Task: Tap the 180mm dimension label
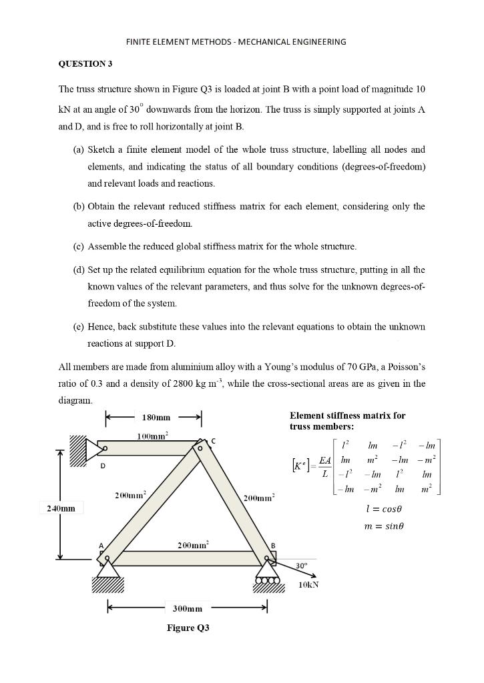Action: pos(156,418)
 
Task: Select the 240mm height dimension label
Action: pos(61,509)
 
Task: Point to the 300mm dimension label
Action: pos(187,609)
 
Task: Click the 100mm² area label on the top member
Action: pos(152,435)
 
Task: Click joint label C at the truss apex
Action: pos(214,441)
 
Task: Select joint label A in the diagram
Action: pos(101,546)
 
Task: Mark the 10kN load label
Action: pos(308,585)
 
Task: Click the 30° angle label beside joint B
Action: pos(302,565)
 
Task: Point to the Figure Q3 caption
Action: pos(188,628)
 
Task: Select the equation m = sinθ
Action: pos(381,526)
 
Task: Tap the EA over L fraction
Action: pos(325,467)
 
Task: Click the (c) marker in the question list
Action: pos(78,247)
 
